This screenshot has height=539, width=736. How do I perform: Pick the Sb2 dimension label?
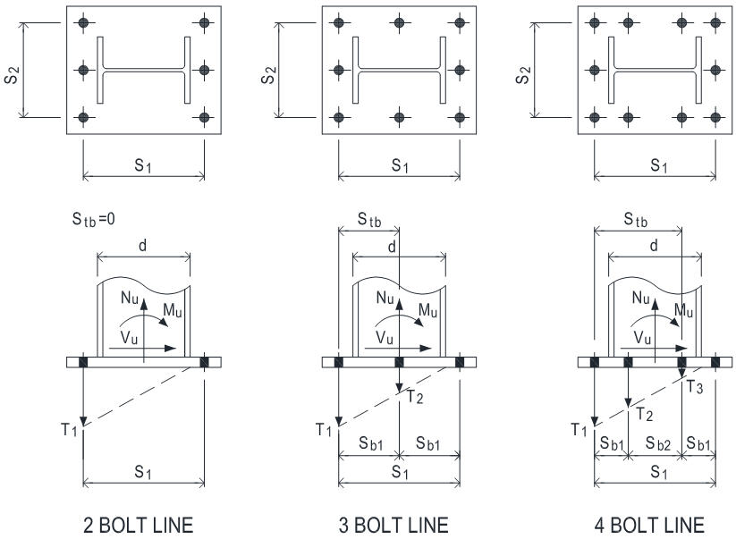(655, 443)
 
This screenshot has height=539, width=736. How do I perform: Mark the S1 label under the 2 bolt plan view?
(144, 166)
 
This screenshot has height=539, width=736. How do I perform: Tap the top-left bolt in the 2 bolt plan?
(82, 21)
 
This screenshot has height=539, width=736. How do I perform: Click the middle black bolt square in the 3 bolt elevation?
(399, 362)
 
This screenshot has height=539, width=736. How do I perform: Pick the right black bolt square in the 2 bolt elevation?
(205, 362)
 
